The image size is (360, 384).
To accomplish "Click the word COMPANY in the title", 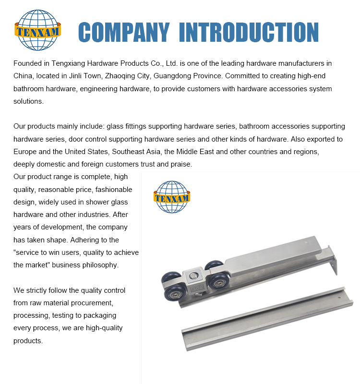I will click(x=123, y=32).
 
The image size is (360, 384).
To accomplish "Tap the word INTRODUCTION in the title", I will click(x=248, y=32).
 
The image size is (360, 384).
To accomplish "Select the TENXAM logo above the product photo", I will click(x=172, y=196).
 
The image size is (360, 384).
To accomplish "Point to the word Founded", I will click(x=28, y=63).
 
